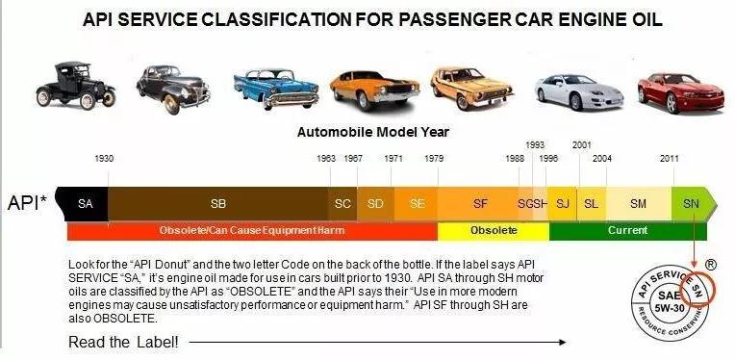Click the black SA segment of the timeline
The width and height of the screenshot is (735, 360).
point(83,204)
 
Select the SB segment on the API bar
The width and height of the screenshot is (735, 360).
point(218,204)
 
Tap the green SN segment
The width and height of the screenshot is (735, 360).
point(693,204)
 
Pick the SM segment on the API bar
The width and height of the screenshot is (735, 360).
point(639,204)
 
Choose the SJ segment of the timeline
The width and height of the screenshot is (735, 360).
point(562,204)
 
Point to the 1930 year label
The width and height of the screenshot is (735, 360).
point(104,159)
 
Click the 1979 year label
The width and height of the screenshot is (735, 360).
point(434,159)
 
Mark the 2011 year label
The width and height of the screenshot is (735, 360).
point(669,159)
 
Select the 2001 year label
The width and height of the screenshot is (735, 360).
point(582,145)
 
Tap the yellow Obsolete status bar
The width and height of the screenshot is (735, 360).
point(494,231)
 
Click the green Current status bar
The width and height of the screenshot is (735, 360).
point(627,231)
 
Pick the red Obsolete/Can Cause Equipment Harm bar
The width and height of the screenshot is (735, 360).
point(252,231)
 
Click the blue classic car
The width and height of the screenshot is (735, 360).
point(276,89)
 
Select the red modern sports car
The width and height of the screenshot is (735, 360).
point(680,92)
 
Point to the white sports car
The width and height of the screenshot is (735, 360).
point(579,92)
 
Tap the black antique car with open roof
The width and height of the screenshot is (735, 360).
point(75,86)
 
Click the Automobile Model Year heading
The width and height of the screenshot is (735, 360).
point(373,132)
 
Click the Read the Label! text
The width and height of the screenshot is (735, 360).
point(123,342)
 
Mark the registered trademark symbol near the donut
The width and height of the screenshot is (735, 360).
point(711,265)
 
